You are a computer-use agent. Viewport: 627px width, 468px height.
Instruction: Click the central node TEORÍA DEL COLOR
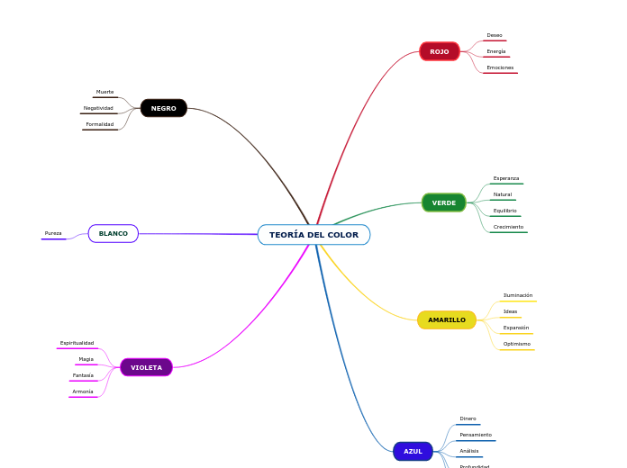point(313,235)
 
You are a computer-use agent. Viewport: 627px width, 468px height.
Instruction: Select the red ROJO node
point(440,51)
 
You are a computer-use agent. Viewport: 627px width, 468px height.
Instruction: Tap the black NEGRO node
point(164,108)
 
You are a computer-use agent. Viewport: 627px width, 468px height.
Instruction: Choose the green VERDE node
point(444,202)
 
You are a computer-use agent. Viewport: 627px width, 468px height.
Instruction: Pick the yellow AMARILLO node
point(447,319)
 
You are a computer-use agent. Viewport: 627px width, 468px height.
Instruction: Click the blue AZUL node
point(413,451)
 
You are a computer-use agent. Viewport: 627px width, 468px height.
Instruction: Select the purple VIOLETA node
point(146,367)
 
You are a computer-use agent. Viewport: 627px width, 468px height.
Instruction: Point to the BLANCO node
point(114,234)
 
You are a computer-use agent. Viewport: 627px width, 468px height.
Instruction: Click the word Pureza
point(53,233)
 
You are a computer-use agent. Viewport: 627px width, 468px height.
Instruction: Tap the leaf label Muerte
point(105,92)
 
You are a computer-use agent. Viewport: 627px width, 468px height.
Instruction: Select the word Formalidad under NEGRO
point(100,124)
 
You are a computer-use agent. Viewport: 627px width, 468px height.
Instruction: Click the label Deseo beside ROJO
point(495,35)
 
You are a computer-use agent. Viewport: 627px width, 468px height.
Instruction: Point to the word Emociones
point(500,67)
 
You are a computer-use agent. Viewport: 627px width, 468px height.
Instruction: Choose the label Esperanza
point(506,178)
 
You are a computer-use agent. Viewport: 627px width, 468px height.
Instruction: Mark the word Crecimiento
point(508,227)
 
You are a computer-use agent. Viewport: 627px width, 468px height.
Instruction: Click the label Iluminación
point(518,295)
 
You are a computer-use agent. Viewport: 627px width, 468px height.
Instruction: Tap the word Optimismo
point(517,344)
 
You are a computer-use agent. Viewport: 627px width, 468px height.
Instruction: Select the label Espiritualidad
point(77,343)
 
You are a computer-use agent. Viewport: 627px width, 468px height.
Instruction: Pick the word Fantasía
point(83,375)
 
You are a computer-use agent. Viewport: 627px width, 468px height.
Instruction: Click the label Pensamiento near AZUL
point(476,435)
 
